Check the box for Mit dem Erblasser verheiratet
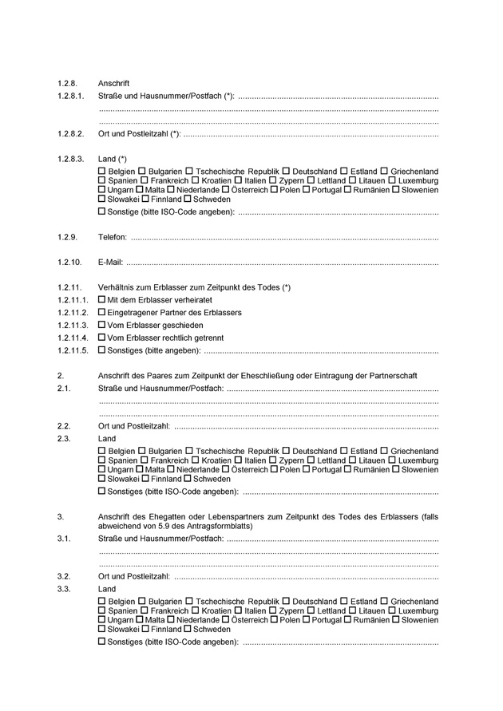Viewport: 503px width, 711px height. (101, 299)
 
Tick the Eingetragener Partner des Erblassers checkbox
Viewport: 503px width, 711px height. (101, 312)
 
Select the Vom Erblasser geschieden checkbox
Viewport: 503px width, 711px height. (101, 325)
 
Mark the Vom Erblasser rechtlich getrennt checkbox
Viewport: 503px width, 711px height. (101, 338)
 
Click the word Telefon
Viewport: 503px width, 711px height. (112, 238)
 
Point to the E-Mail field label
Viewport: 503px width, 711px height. (110, 263)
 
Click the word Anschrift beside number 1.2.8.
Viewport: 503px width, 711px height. (113, 83)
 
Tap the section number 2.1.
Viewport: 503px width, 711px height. (65, 389)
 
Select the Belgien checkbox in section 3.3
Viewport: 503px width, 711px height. (101, 601)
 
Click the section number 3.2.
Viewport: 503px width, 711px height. (65, 575)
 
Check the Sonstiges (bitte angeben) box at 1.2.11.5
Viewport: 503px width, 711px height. (101, 350)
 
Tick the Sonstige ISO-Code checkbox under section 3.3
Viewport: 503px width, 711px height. (101, 642)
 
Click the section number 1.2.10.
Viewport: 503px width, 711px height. (69, 263)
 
